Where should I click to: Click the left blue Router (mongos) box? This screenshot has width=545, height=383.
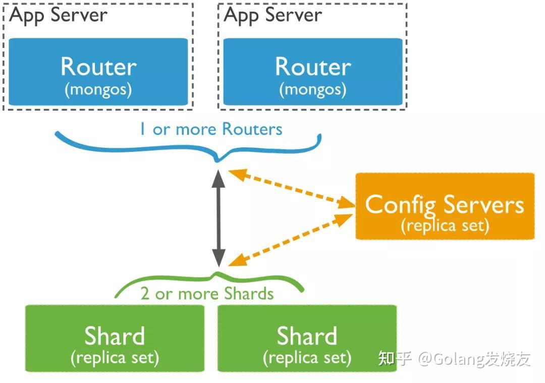point(98,72)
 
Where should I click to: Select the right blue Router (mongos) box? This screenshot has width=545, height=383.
point(312,72)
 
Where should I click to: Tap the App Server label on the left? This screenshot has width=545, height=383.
point(58,15)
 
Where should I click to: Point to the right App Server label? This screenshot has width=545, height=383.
point(272,15)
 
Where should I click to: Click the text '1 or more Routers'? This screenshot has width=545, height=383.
point(210,129)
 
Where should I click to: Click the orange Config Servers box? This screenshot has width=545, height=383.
point(445,206)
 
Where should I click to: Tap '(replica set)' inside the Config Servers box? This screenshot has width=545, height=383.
point(445,225)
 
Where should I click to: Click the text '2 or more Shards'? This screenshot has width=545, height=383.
point(207,294)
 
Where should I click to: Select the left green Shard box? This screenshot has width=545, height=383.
point(115,338)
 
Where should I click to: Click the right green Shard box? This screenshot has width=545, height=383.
point(307,338)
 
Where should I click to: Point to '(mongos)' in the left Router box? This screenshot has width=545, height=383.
point(98,90)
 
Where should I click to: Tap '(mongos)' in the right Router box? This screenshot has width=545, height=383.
point(312,90)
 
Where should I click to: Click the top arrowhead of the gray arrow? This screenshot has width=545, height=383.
point(218,177)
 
